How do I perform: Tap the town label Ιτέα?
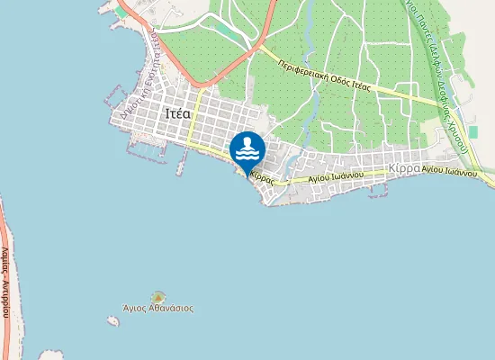178,114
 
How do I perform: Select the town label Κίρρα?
403,168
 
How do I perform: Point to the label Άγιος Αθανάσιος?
159,308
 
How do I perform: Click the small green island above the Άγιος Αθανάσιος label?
158,296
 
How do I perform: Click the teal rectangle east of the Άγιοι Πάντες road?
472,131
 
